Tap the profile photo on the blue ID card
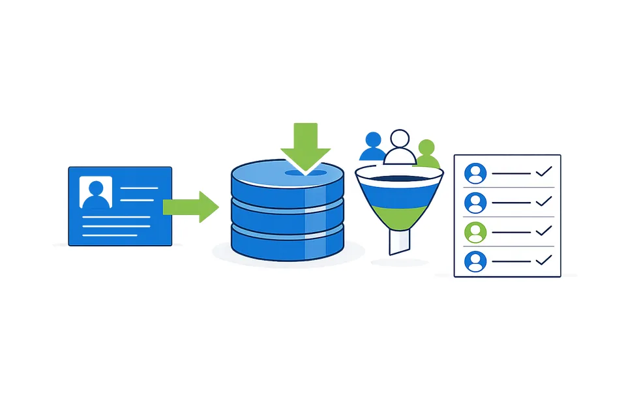[95, 192]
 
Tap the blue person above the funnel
[372, 147]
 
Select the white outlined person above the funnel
[399, 147]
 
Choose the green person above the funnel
[426, 153]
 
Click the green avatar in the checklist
[475, 232]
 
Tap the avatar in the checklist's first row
[475, 174]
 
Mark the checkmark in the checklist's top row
[543, 172]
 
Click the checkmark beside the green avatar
[543, 230]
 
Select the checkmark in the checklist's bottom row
[543, 260]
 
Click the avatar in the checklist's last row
[475, 261]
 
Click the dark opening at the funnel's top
[398, 177]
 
